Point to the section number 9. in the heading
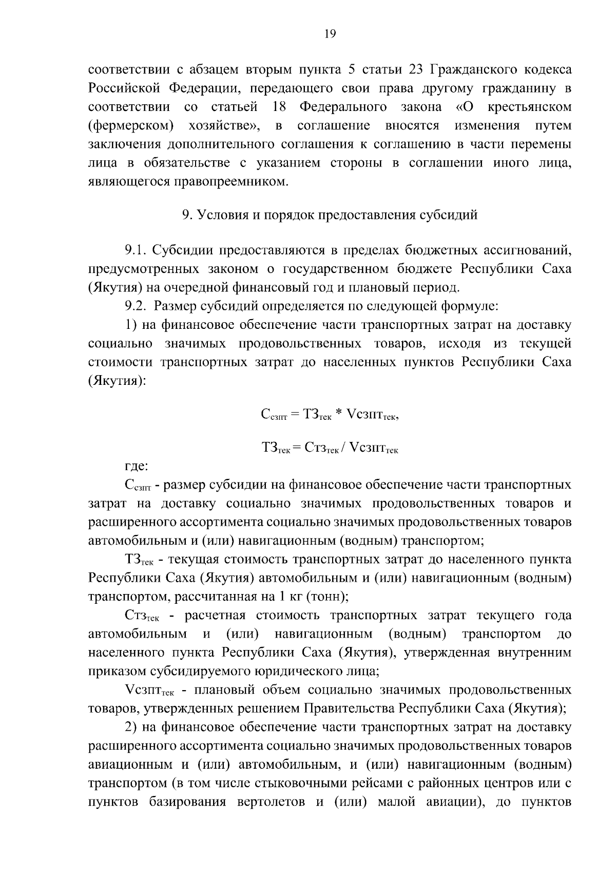187,215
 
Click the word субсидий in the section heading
451,215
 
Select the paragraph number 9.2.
137,307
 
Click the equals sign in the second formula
298,448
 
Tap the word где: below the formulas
137,467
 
